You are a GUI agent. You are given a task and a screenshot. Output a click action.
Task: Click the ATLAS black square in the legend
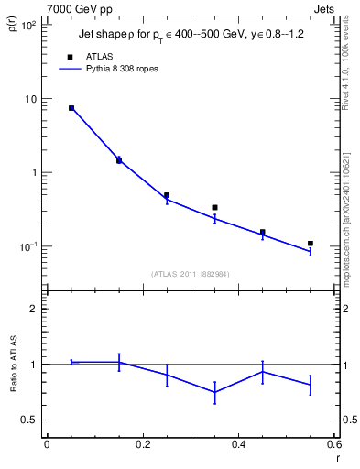pos(71,56)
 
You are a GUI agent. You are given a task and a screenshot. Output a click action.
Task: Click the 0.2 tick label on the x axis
pos(142,444)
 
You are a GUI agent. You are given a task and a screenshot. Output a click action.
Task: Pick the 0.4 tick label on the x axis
pos(239,444)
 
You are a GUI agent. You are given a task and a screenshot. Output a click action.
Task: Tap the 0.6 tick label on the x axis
pos(335,444)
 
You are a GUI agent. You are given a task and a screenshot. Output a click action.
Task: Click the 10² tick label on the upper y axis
pos(28,26)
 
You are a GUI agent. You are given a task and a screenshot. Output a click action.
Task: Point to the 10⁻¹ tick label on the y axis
pos(28,246)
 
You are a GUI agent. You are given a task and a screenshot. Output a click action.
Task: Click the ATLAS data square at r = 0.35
pos(214,208)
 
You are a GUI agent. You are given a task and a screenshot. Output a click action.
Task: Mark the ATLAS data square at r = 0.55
pos(311,244)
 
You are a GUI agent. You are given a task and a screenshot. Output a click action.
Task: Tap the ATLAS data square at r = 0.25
pos(167,195)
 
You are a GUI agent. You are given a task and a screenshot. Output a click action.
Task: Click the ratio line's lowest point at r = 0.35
pos(214,392)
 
